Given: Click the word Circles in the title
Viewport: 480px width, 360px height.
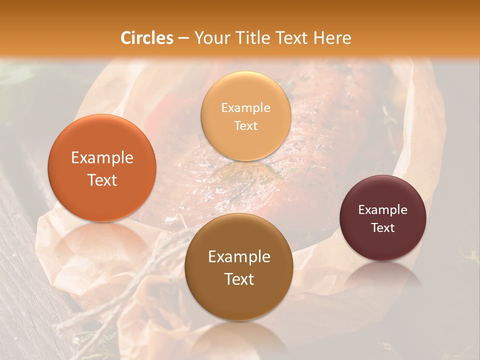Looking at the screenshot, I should pos(146,38).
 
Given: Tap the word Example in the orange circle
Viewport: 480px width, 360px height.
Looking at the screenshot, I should pos(102,158).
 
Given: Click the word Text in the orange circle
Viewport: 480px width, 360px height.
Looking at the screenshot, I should pos(102,180).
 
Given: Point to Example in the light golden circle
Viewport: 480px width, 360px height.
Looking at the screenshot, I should pos(245,108).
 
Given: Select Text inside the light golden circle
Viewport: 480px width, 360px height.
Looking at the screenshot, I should pos(245,126).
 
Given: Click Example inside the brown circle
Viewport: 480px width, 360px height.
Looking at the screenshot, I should pos(239,257).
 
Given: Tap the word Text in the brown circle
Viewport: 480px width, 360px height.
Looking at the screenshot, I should pos(239,279).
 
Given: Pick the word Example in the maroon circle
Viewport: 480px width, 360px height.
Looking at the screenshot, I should pos(383,210).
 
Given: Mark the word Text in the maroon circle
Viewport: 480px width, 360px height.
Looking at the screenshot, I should pos(383,228).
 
